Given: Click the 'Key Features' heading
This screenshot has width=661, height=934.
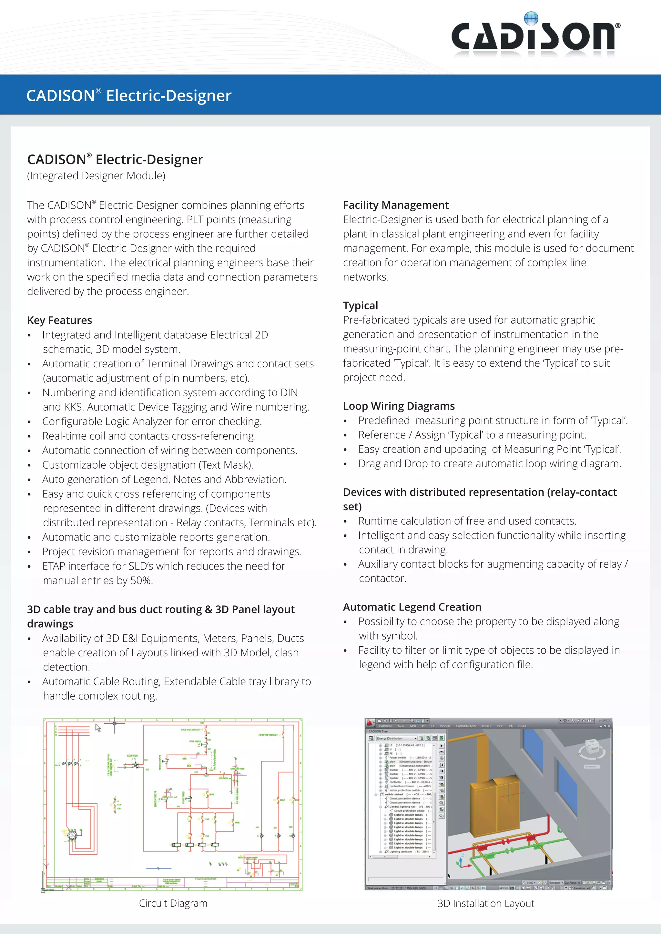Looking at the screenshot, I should (x=59, y=320).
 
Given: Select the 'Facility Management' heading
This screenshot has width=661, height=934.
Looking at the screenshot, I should (x=395, y=205).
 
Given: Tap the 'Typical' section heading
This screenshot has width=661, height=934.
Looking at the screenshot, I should (x=360, y=305).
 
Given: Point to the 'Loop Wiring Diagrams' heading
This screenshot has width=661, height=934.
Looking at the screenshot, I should (x=399, y=406).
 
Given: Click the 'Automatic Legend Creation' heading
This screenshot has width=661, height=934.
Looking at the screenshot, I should (x=412, y=607).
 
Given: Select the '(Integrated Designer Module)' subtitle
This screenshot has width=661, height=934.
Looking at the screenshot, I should (x=96, y=176).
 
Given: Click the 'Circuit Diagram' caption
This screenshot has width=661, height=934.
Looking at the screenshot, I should (x=173, y=903).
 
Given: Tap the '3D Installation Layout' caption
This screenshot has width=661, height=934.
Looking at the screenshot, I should (x=485, y=903).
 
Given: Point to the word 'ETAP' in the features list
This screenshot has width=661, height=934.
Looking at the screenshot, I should (x=54, y=566).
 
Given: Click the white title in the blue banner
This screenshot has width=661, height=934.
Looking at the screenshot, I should (x=129, y=95).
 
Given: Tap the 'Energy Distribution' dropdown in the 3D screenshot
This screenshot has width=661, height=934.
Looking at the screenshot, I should (x=396, y=738).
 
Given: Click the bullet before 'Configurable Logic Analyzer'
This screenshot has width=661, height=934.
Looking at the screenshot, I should (x=29, y=422).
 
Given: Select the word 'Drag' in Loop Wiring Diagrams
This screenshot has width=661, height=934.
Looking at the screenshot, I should (x=369, y=464).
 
